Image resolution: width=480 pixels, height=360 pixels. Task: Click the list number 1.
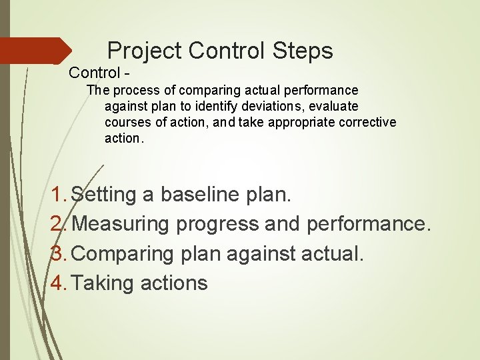(58, 195)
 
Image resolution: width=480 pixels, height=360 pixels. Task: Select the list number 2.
(58, 224)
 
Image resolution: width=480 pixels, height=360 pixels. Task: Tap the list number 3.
(58, 253)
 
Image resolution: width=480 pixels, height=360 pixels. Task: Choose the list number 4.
(58, 283)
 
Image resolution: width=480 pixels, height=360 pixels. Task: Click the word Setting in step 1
(103, 195)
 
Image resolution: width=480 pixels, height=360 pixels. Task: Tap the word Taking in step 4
(103, 283)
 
